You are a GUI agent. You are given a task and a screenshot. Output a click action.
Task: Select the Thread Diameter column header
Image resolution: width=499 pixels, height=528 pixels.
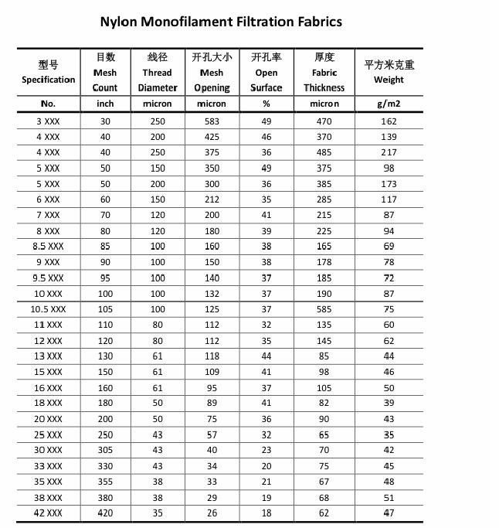158,73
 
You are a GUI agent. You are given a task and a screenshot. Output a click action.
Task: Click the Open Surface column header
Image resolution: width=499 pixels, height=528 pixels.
266,73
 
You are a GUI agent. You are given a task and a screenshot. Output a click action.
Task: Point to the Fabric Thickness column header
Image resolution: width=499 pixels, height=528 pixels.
324,73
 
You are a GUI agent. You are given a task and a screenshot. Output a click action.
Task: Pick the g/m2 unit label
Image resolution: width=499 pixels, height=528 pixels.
389,104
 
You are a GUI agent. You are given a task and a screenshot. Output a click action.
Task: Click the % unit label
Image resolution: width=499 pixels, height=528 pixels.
266,104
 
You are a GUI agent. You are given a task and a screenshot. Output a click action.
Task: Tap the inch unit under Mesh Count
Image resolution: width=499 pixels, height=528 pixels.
105,104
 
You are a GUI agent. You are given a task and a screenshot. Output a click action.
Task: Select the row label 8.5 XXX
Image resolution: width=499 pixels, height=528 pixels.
48,247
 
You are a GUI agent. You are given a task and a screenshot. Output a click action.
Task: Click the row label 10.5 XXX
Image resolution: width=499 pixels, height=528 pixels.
48,309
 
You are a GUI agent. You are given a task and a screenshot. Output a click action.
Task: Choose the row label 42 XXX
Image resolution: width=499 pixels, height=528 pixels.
48,513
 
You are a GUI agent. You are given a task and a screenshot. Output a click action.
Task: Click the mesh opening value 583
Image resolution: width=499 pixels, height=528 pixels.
212,121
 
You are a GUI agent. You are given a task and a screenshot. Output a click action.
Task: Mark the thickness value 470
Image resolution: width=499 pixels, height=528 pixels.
324,121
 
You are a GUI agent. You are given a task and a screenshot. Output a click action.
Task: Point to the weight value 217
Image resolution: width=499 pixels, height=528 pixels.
389,152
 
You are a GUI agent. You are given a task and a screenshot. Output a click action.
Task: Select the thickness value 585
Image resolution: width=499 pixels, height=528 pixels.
324,309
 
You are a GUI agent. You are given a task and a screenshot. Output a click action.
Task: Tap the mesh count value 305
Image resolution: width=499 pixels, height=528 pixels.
105,450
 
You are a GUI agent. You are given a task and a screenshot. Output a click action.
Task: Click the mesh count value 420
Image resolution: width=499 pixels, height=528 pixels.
105,513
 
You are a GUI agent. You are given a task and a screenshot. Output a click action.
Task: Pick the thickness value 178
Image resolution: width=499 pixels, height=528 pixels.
324,262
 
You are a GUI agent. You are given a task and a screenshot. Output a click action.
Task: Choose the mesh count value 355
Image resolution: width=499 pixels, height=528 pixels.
105,482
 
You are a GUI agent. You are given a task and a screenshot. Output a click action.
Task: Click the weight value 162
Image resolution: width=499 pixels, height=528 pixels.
389,121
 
